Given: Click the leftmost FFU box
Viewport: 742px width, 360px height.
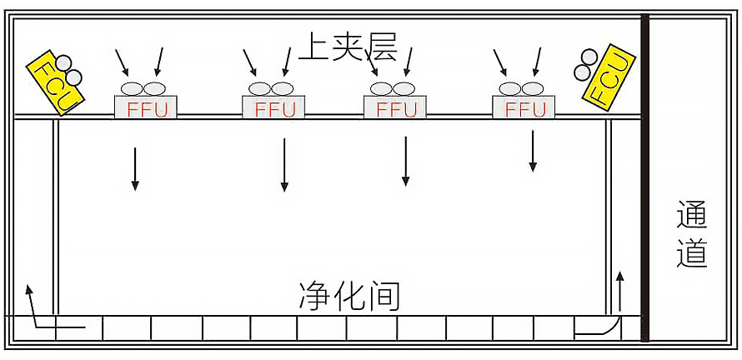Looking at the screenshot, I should (146, 107).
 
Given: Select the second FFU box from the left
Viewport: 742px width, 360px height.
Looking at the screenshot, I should (274, 107).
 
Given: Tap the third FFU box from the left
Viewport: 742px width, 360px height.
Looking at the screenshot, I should (395, 107).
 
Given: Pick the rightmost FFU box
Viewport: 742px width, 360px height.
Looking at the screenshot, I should (524, 107).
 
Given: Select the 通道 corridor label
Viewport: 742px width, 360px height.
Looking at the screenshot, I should (692, 234).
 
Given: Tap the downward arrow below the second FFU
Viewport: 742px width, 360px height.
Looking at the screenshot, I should (284, 165).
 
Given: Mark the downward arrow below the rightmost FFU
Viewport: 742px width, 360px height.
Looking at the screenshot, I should (532, 151).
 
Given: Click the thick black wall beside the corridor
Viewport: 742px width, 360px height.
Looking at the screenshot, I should (644, 179).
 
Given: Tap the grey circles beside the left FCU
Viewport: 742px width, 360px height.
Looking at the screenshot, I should (68, 70).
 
